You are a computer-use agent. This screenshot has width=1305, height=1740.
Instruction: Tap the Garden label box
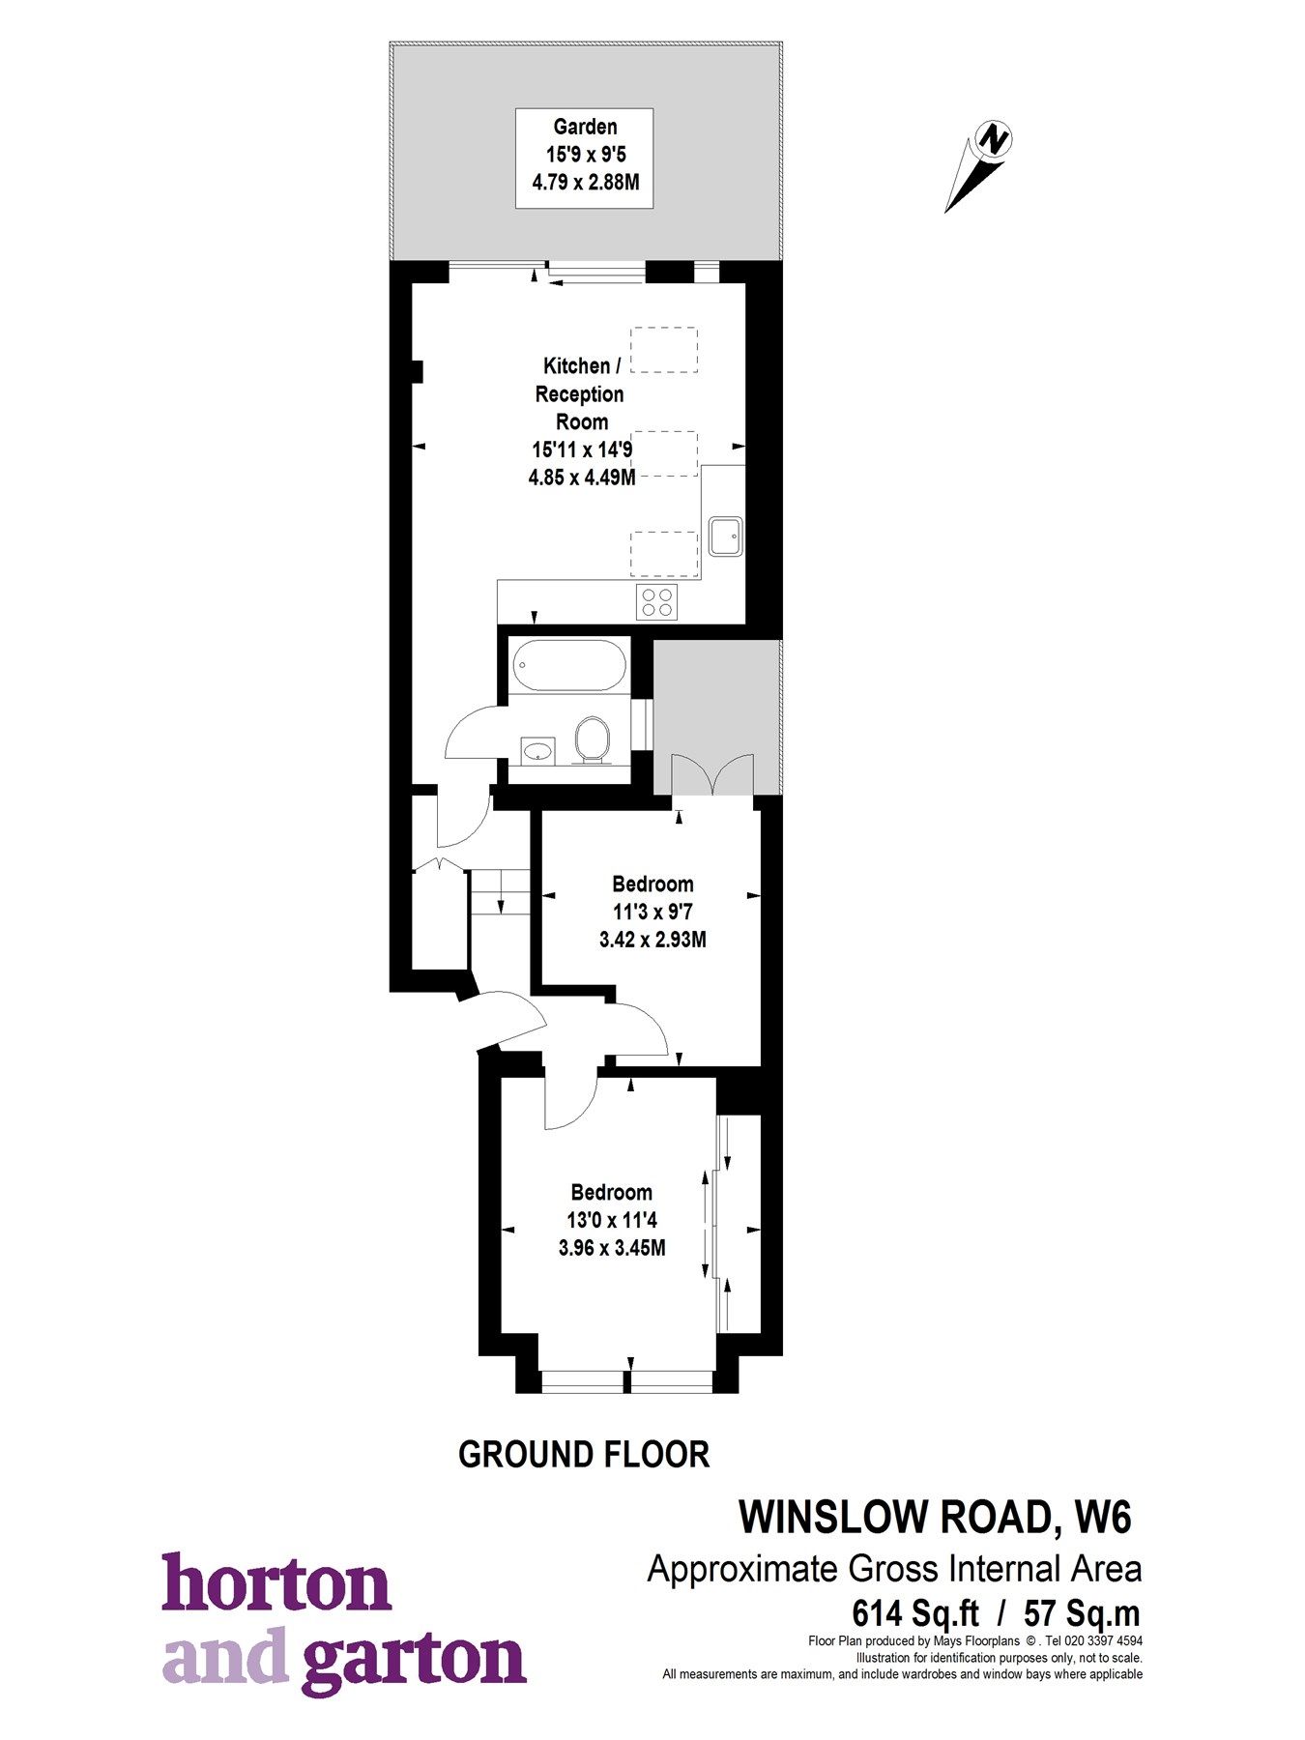(x=584, y=158)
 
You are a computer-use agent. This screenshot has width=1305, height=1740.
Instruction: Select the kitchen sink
(x=725, y=536)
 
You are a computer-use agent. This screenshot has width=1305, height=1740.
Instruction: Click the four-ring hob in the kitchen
(x=656, y=602)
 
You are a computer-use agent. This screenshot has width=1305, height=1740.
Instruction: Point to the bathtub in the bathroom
(x=568, y=665)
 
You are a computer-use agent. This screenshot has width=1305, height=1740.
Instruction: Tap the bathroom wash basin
(x=537, y=749)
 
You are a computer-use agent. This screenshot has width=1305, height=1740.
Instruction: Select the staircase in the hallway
(x=501, y=891)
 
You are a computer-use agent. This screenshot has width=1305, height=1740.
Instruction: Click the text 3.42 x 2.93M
(x=652, y=939)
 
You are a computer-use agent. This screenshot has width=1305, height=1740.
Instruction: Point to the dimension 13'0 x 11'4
(x=611, y=1220)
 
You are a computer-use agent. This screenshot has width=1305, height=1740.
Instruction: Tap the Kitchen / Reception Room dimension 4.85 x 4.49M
(x=581, y=477)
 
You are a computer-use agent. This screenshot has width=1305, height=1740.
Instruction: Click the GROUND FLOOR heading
(x=583, y=1454)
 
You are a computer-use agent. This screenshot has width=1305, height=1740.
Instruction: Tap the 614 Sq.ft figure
(x=914, y=1613)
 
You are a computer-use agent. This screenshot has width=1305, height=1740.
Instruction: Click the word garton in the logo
(x=413, y=1662)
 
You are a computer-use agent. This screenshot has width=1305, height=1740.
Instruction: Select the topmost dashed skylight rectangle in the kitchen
(x=664, y=350)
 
